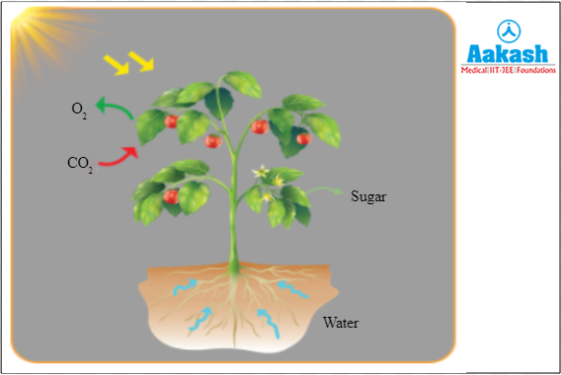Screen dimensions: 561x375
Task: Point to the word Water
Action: [340, 323]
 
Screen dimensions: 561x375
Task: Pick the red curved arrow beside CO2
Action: [120, 153]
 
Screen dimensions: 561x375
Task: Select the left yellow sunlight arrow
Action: [118, 63]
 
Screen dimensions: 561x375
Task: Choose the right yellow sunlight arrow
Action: [142, 62]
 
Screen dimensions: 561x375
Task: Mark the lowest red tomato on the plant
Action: [171, 196]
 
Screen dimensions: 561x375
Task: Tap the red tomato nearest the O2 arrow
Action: [171, 121]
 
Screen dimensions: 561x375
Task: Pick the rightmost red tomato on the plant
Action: [303, 137]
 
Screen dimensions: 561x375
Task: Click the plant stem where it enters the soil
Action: [235, 267]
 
